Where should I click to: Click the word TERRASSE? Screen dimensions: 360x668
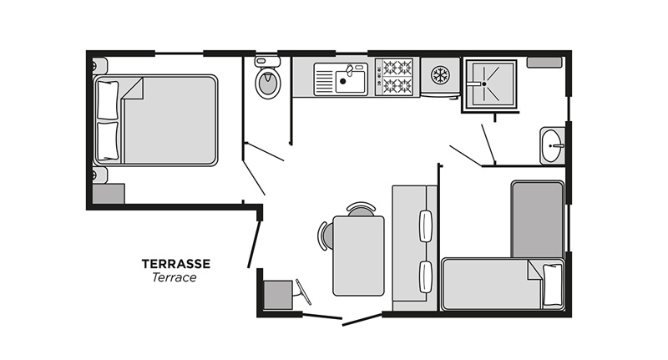pyautogui.click(x=175, y=264)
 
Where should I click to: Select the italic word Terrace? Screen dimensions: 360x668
pyautogui.click(x=175, y=278)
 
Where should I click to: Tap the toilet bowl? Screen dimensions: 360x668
pyautogui.click(x=267, y=84)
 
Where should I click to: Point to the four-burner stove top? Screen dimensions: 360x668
pyautogui.click(x=396, y=77)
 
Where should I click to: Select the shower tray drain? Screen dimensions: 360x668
pyautogui.click(x=483, y=83)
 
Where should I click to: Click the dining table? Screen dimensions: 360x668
pyautogui.click(x=358, y=256)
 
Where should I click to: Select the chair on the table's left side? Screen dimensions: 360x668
pyautogui.click(x=324, y=235)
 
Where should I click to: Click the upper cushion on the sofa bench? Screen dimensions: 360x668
pyautogui.click(x=425, y=226)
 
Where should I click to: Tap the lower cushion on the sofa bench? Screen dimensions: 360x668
pyautogui.click(x=425, y=276)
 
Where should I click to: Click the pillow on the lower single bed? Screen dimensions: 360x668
pyautogui.click(x=552, y=285)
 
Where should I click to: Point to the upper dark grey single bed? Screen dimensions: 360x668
pyautogui.click(x=536, y=219)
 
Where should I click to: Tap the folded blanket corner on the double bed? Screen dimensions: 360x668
pyautogui.click(x=134, y=87)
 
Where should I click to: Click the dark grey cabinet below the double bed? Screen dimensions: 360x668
pyautogui.click(x=108, y=194)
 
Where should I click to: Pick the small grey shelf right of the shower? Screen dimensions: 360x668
pyautogui.click(x=544, y=63)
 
